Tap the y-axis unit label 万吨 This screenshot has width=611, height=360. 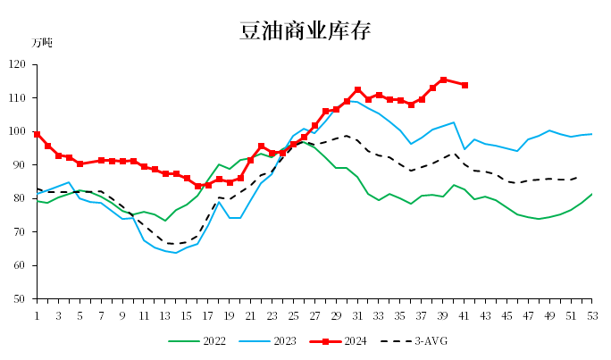(x=42, y=43)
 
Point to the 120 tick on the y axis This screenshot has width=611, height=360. (x=17, y=64)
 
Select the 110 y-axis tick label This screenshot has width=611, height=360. (x=17, y=98)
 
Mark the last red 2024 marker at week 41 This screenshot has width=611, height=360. (x=465, y=85)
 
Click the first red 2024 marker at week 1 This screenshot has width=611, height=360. (x=37, y=134)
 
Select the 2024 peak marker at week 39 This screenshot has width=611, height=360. (x=443, y=80)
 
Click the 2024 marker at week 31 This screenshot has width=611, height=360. (x=357, y=89)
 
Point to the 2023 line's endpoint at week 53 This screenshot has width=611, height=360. (x=592, y=134)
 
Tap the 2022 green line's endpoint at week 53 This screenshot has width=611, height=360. (x=592, y=194)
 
